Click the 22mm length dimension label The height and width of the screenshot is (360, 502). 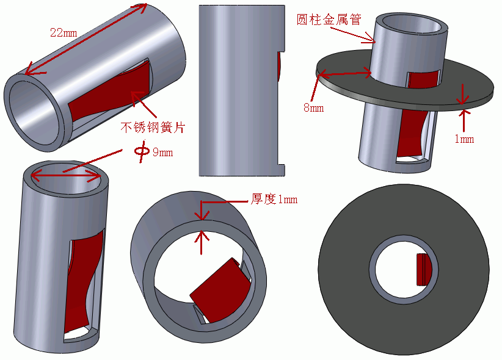(63, 32)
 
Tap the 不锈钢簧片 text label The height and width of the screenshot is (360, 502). (152, 128)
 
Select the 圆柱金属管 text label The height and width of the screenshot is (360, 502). (329, 20)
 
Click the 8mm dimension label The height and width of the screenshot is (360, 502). (313, 108)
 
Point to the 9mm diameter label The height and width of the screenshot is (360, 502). (162, 153)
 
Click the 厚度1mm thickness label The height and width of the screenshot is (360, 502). (274, 199)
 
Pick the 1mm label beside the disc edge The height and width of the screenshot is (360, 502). (464, 139)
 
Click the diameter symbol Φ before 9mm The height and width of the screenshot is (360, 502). (141, 151)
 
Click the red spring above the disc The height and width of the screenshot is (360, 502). (423, 79)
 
